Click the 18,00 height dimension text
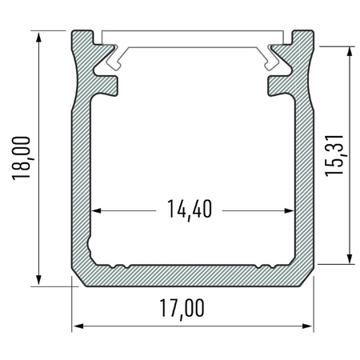pyautogui.click(x=23, y=158)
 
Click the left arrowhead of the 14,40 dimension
pyautogui.click(x=96, y=211)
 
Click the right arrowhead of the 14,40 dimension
pyautogui.click(x=289, y=211)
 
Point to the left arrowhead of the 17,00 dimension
pyautogui.click(x=78, y=326)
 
